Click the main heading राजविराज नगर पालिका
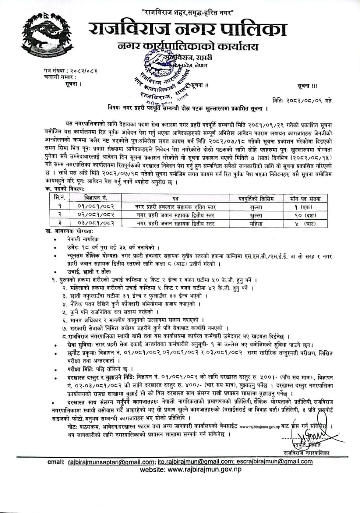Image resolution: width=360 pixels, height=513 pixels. [188, 30]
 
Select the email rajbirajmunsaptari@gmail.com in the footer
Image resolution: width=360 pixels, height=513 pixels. [111, 462]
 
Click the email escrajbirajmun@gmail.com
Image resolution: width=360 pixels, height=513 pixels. [272, 462]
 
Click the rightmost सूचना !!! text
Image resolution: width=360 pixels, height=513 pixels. [307, 86]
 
